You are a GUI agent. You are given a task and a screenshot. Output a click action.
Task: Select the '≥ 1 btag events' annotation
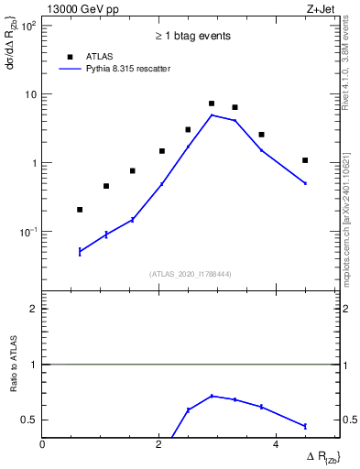click(191, 36)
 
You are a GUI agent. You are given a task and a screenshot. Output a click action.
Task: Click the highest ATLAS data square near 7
click(212, 104)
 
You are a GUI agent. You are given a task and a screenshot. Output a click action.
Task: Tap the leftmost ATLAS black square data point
click(80, 210)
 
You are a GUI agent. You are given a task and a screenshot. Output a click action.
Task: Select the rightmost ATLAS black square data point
click(305, 160)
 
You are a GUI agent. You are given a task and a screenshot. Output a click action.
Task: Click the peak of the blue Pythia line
click(212, 115)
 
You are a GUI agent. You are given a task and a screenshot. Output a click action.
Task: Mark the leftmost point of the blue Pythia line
click(80, 251)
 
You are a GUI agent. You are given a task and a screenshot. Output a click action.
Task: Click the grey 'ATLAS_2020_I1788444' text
click(191, 273)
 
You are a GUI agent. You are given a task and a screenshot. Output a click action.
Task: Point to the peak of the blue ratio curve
click(213, 396)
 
